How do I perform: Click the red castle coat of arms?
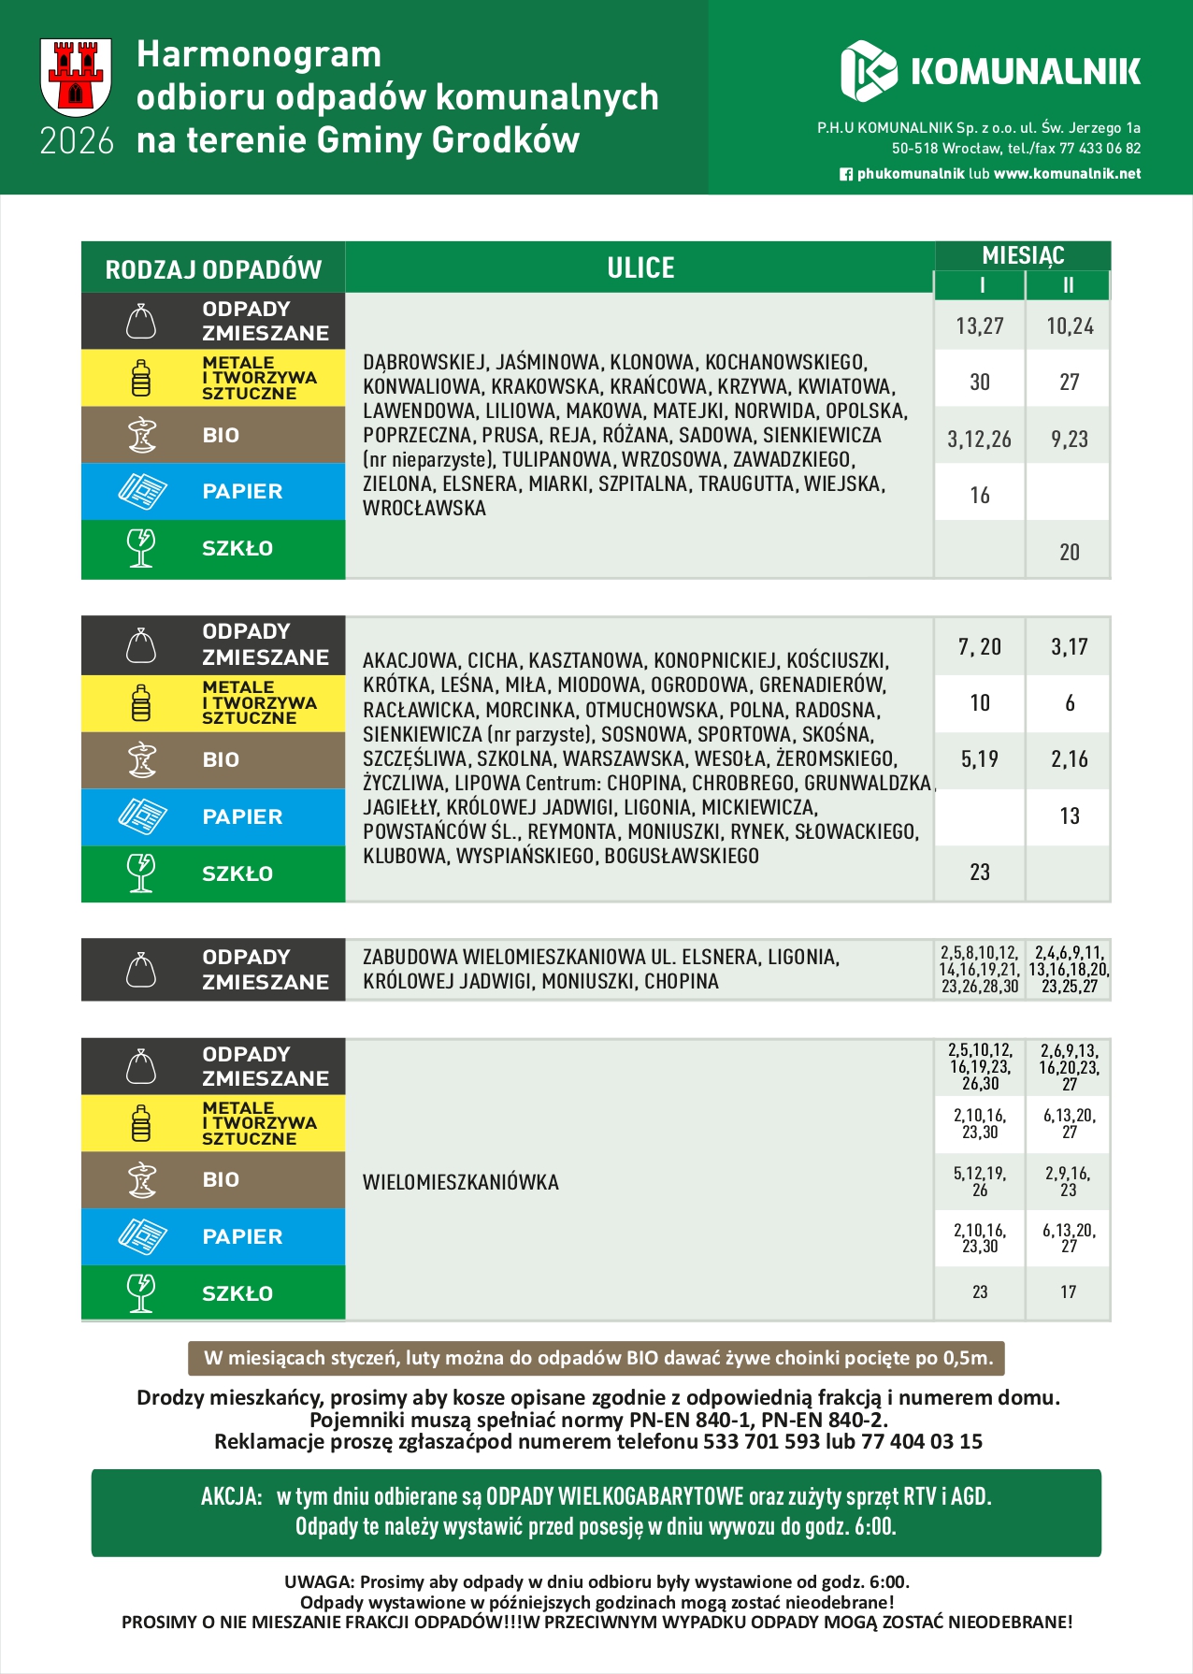pyautogui.click(x=76, y=77)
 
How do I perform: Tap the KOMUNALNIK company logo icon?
pyautogui.click(x=868, y=71)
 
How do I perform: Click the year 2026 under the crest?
pyautogui.click(x=77, y=141)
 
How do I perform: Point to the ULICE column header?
pyautogui.click(x=640, y=268)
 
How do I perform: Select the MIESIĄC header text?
pyautogui.click(x=1023, y=255)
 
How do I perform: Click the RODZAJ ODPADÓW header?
pyautogui.click(x=213, y=270)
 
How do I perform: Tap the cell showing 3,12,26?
pyautogui.click(x=979, y=440)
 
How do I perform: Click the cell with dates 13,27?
pyautogui.click(x=979, y=326)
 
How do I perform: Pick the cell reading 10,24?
pyautogui.click(x=1070, y=326)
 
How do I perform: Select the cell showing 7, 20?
pyautogui.click(x=979, y=646)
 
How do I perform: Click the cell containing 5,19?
pyautogui.click(x=979, y=759)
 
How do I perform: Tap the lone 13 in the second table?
pyautogui.click(x=1070, y=816)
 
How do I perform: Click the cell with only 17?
pyautogui.click(x=1069, y=1292)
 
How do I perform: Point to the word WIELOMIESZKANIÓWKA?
pyautogui.click(x=461, y=1182)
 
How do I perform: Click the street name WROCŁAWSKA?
pyautogui.click(x=424, y=509)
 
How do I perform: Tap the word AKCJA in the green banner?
pyautogui.click(x=231, y=1496)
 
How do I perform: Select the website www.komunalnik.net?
pyautogui.click(x=1067, y=174)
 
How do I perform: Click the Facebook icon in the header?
pyautogui.click(x=846, y=174)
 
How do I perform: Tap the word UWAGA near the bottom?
pyautogui.click(x=318, y=1582)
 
